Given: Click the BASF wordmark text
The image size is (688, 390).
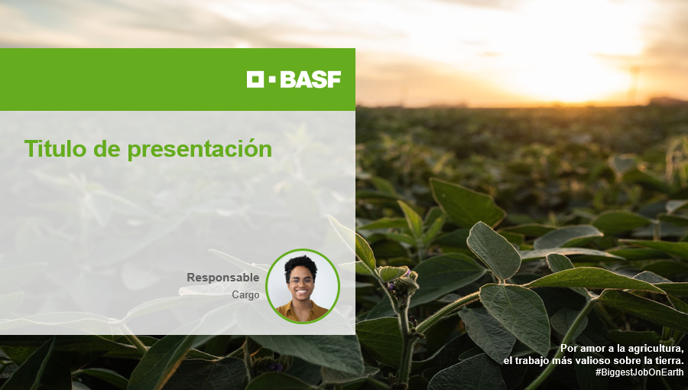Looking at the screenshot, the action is click(x=310, y=80).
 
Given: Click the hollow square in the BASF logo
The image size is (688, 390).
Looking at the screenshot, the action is click(x=255, y=80).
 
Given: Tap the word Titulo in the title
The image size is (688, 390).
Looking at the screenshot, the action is click(x=55, y=148).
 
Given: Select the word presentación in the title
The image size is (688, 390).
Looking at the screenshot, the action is click(x=200, y=149).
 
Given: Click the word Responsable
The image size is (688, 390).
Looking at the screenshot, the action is click(x=223, y=278).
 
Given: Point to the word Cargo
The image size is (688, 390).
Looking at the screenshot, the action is click(x=245, y=295).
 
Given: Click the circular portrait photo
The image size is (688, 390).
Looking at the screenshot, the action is click(x=302, y=286).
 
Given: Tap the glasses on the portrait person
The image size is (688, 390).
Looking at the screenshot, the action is click(x=301, y=281).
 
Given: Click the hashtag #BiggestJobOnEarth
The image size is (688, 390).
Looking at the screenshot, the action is click(x=639, y=372).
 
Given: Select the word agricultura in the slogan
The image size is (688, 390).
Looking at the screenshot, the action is click(x=657, y=349).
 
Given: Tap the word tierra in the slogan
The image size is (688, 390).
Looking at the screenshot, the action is click(x=671, y=361).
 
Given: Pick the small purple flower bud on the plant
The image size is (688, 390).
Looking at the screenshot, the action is click(x=392, y=285).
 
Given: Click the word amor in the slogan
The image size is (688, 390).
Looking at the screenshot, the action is click(x=592, y=349).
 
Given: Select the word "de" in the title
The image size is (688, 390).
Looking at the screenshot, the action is click(x=106, y=148).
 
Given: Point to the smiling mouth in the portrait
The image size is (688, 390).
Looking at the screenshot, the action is click(x=301, y=291).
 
